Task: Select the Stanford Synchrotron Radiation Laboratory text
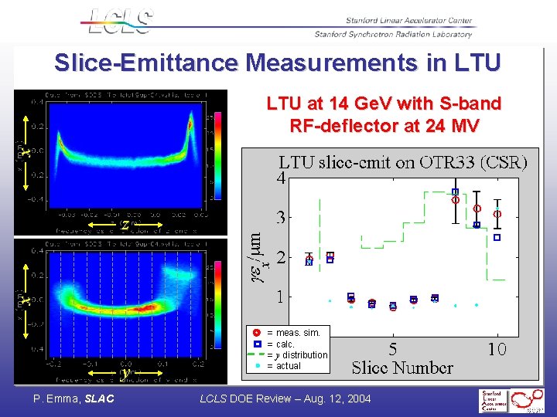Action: [393, 34]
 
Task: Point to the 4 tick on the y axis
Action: [283, 177]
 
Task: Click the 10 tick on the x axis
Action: [497, 350]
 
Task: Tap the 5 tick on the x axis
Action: [393, 350]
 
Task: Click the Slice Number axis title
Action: [402, 368]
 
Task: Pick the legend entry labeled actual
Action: [289, 366]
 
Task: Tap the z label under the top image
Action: [125, 225]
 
